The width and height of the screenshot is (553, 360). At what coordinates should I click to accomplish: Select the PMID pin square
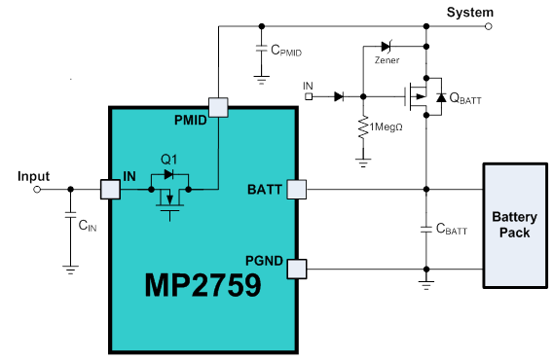tap(218, 107)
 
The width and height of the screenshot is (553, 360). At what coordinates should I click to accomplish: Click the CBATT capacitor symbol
tap(425, 230)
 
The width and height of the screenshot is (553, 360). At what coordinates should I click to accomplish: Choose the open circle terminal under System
tap(488, 27)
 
